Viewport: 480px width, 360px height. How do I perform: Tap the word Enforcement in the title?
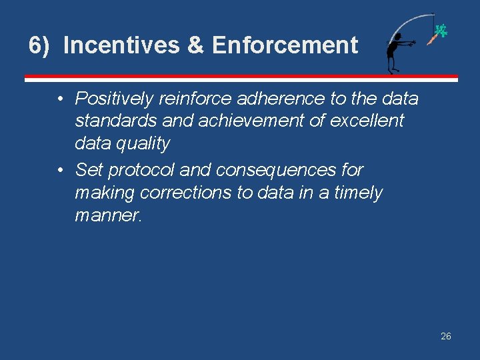click(x=285, y=46)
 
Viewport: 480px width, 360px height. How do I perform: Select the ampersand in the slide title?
click(x=195, y=46)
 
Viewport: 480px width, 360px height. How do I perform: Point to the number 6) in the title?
click(x=39, y=46)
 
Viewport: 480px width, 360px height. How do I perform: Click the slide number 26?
click(x=446, y=336)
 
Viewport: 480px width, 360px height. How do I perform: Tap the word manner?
click(x=107, y=215)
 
